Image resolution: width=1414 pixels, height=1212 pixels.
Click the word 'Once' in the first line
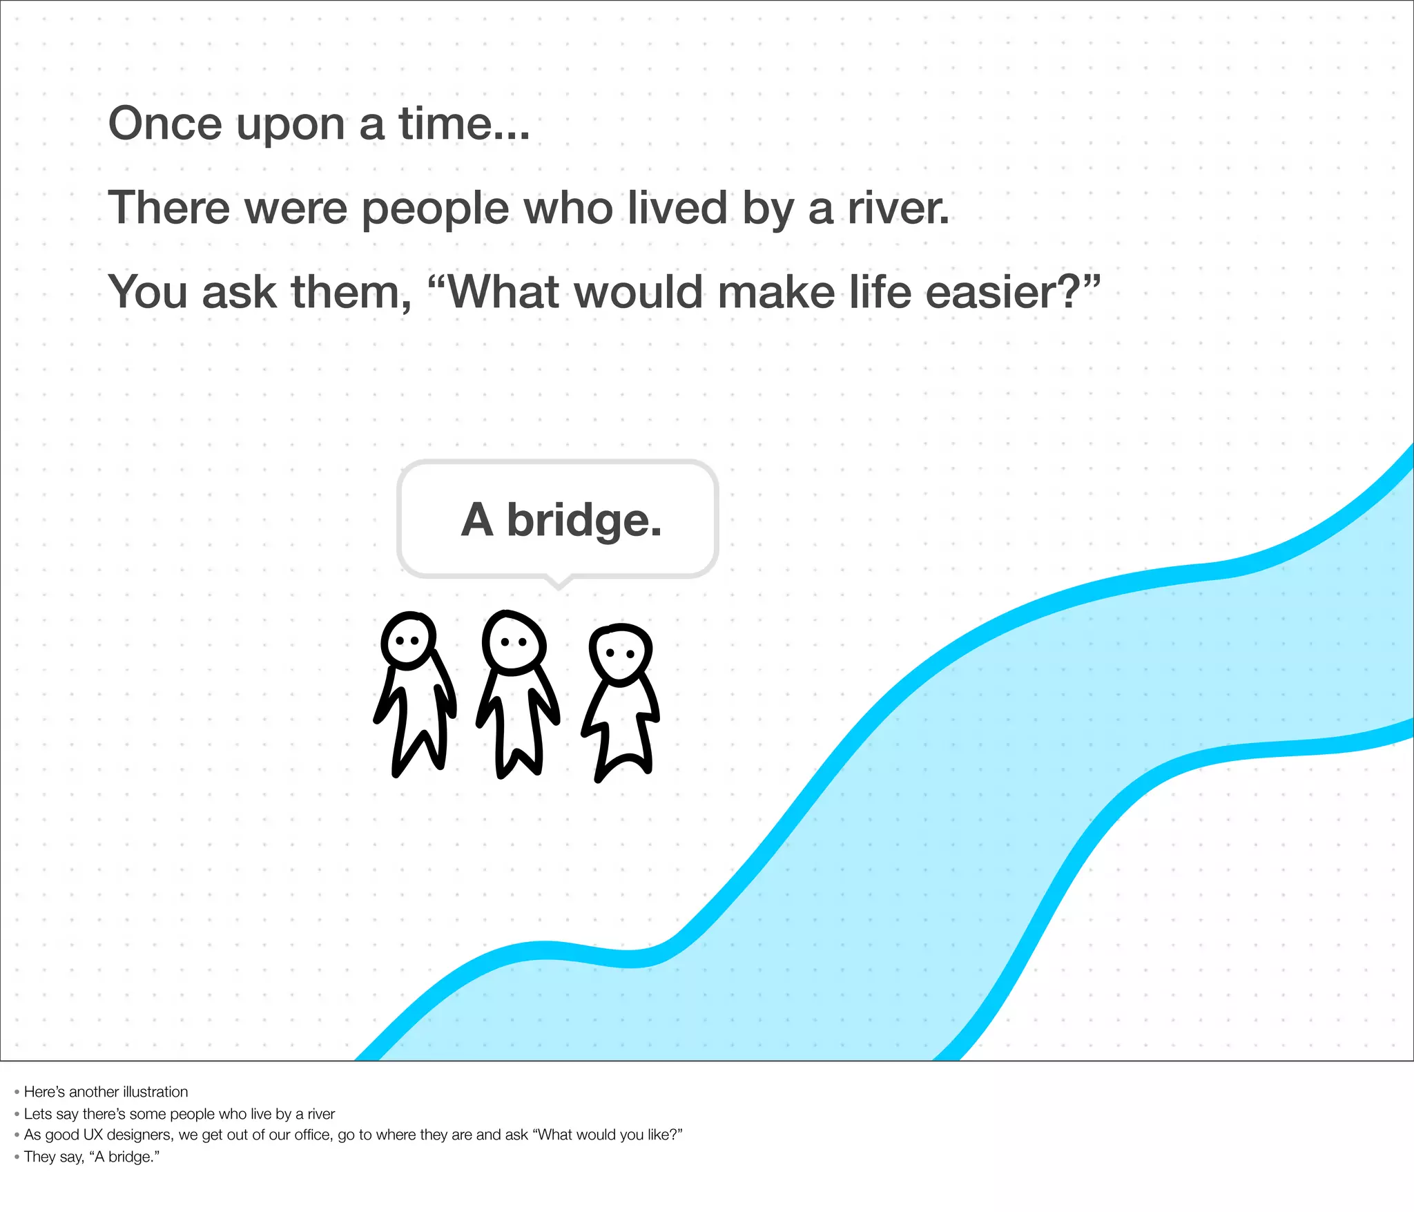[x=165, y=124]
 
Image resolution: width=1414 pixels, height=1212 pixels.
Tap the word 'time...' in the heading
[x=464, y=124]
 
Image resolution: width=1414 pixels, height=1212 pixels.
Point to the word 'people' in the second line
[x=435, y=209]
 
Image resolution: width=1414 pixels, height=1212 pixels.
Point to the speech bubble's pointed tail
[x=559, y=583]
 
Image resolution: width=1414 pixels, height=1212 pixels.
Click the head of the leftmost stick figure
[x=409, y=640]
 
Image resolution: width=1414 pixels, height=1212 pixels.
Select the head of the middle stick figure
[x=514, y=642]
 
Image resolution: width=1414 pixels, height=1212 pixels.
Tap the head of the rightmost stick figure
[x=620, y=653]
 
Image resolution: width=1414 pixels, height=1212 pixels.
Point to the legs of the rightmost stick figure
[x=623, y=753]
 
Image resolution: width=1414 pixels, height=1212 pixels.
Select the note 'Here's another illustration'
[x=106, y=1092]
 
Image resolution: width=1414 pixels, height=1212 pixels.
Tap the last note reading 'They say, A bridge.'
[x=91, y=1157]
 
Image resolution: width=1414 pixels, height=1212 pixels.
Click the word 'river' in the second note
[x=321, y=1114]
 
